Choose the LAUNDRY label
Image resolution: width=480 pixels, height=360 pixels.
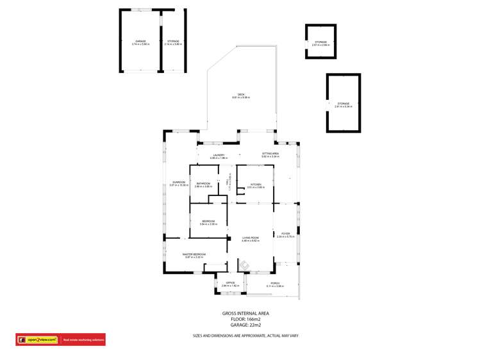click(218, 156)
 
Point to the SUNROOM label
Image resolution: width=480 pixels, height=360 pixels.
click(178, 183)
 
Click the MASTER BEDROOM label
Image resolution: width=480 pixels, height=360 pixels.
click(195, 256)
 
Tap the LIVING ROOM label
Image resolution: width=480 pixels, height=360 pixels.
click(250, 239)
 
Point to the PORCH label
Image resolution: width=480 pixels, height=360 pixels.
click(274, 284)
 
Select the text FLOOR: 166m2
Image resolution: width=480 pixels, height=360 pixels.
click(245, 319)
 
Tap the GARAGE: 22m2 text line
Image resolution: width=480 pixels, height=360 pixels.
click(245, 325)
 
